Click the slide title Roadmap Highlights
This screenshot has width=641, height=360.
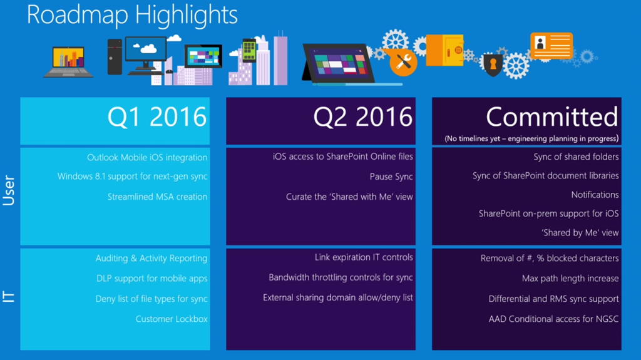click(x=132, y=15)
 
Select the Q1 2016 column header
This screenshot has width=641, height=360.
click(x=157, y=116)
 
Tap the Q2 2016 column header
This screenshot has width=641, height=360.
click(x=363, y=116)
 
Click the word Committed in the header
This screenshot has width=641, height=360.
click(x=552, y=116)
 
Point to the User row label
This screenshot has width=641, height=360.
click(x=9, y=190)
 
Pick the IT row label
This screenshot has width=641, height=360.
click(x=9, y=297)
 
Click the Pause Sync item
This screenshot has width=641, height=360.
click(x=391, y=177)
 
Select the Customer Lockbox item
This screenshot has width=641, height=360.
click(x=172, y=319)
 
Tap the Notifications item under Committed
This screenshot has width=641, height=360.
click(x=595, y=195)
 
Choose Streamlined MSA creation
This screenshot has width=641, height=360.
click(x=157, y=197)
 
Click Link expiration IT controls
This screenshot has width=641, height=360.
click(x=364, y=257)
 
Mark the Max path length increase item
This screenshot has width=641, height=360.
click(x=570, y=279)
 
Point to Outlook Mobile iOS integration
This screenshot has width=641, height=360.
click(x=147, y=158)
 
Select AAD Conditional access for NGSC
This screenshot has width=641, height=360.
click(x=553, y=319)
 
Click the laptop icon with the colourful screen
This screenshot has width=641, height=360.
click(x=68, y=62)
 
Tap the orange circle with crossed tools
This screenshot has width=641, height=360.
click(x=403, y=62)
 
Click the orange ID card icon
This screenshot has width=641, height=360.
click(x=551, y=46)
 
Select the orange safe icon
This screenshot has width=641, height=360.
click(x=445, y=50)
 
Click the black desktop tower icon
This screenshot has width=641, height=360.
click(x=115, y=57)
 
